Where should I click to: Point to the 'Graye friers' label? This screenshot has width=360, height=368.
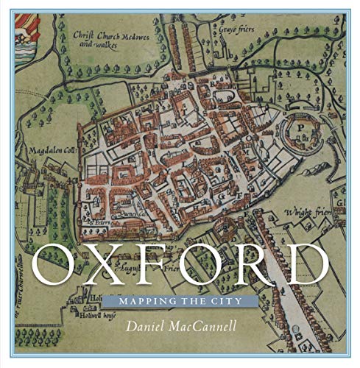coord(230,30)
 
